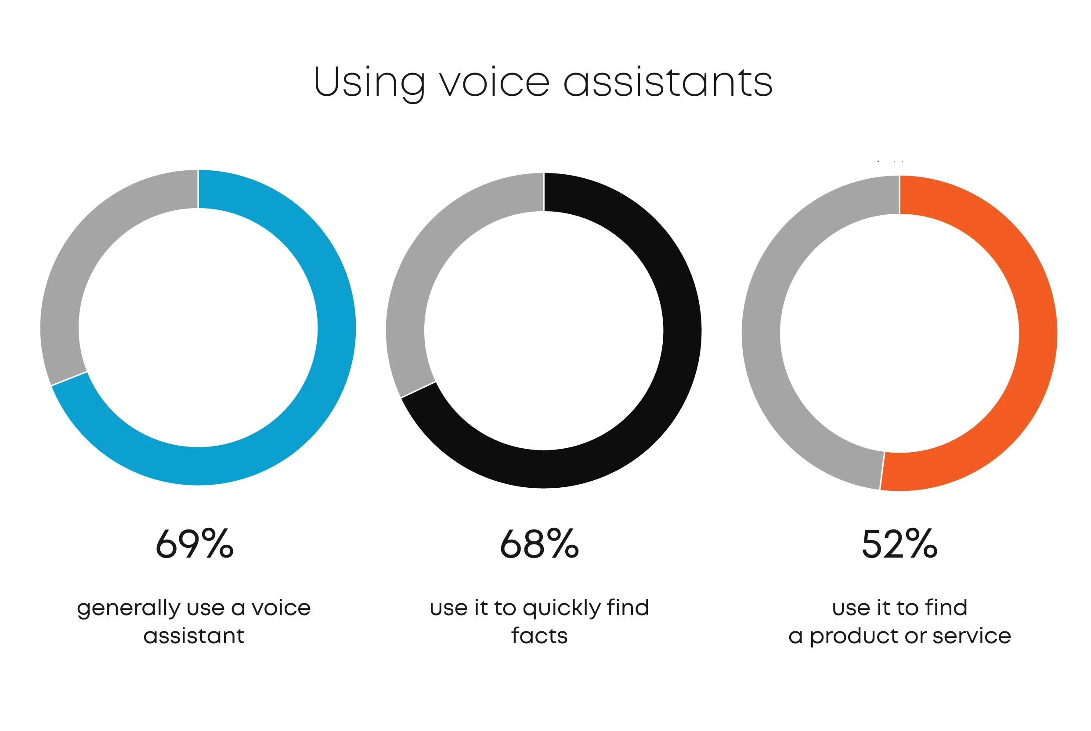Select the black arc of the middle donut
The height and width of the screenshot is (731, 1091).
pos(682,331)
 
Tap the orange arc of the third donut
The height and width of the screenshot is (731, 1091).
pos(1038,334)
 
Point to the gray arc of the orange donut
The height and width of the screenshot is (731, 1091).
pos(761,334)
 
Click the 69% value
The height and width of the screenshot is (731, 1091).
pos(195,544)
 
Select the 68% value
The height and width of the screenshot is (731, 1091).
pos(539,544)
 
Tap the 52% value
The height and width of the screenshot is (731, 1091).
pos(900,544)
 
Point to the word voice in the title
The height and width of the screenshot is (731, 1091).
pos(495,82)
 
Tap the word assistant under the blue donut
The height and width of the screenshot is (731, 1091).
pos(194,636)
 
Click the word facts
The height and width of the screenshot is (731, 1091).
pos(539,635)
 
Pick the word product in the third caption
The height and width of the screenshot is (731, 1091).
pos(854,637)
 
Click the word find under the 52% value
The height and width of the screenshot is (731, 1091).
pos(946,608)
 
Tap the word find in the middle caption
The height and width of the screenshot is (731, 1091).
pos(628,608)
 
